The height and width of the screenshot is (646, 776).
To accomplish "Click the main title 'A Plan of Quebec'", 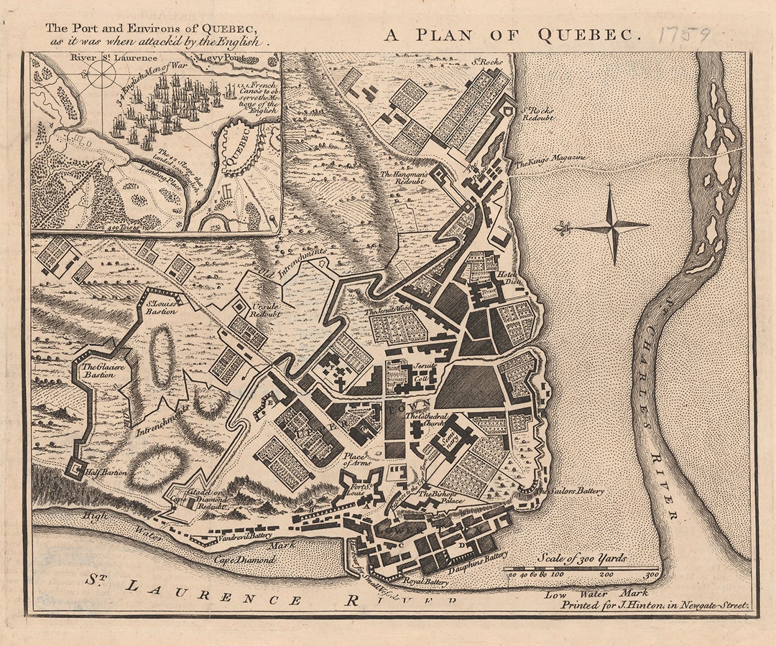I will (x=512, y=35).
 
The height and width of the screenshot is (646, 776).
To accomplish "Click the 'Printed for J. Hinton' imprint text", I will (x=655, y=605).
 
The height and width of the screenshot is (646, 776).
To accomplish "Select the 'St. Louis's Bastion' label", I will (x=160, y=308).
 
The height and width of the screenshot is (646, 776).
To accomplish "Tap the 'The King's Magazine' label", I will (x=550, y=159).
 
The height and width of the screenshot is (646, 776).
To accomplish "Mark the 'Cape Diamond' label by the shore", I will (x=254, y=559).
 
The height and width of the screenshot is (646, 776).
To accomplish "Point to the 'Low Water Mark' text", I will (x=596, y=594).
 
